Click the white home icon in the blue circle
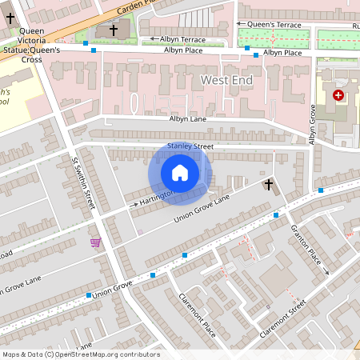(x=180, y=173)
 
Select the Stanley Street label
(x=192, y=146)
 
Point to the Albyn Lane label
(x=188, y=118)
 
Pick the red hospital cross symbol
(x=338, y=94)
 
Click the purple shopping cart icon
(x=96, y=242)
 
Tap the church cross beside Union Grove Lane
(x=269, y=186)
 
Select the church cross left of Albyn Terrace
(x=114, y=30)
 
